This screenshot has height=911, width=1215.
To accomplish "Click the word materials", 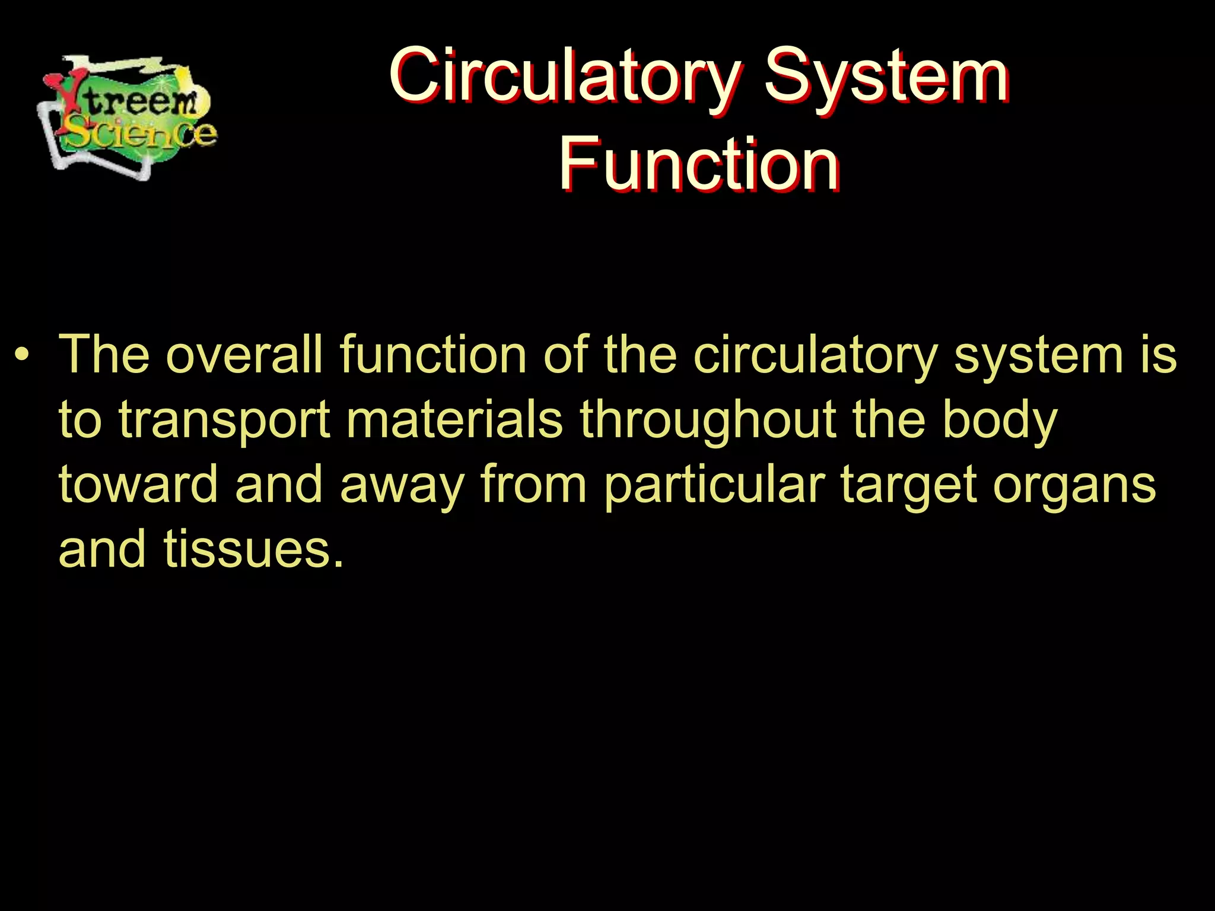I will tap(454, 420).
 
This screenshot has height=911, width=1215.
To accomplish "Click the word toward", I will tap(139, 485).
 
